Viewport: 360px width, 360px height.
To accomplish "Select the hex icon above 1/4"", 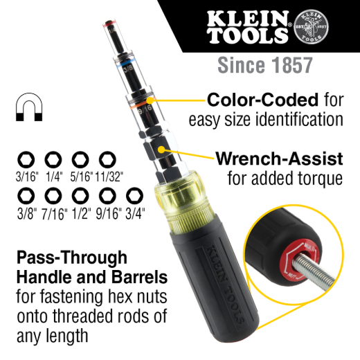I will [x=53, y=161].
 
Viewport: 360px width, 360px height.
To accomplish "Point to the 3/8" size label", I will [x=27, y=213].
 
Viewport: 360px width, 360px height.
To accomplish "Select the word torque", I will [x=317, y=180].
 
